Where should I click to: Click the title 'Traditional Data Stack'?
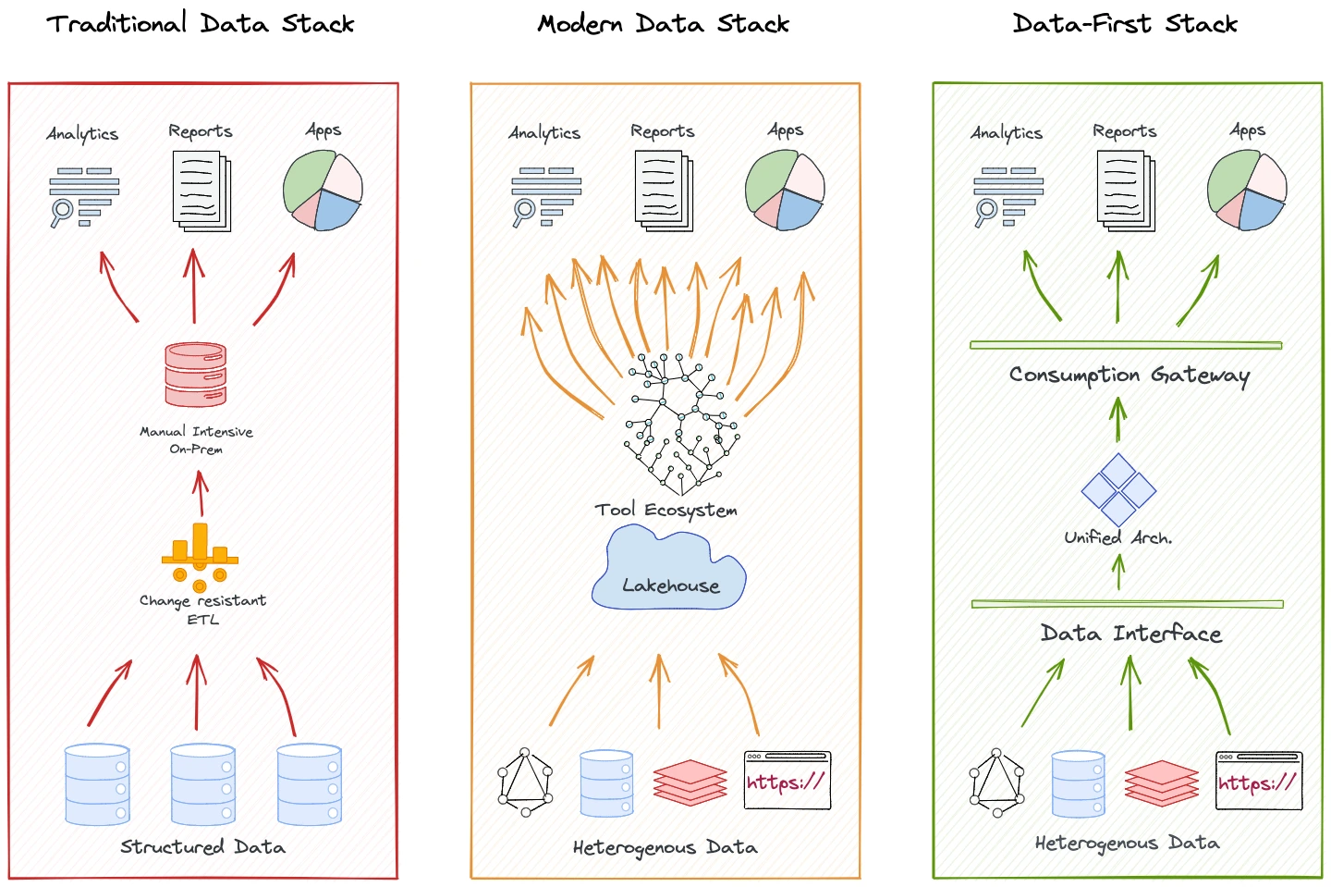(x=201, y=23)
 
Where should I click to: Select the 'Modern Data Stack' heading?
(x=664, y=23)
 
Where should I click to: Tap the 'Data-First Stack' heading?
(x=1125, y=23)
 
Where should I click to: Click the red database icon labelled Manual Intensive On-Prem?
(x=196, y=375)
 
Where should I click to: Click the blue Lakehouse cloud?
(x=669, y=570)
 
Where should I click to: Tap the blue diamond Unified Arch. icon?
(x=1118, y=489)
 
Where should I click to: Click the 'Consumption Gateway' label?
(x=1129, y=375)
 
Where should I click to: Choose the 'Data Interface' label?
(x=1130, y=634)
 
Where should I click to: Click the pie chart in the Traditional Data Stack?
(x=323, y=191)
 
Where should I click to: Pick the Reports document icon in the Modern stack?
(x=664, y=191)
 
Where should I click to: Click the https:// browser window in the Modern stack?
(x=788, y=781)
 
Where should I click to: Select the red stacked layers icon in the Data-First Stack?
(x=1162, y=783)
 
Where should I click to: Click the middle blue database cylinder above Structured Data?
(x=203, y=784)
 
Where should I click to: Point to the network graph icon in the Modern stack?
(x=525, y=782)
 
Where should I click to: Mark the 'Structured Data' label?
(x=202, y=847)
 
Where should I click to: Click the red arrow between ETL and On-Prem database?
(x=201, y=493)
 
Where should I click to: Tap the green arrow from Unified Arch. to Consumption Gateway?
(x=1118, y=420)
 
